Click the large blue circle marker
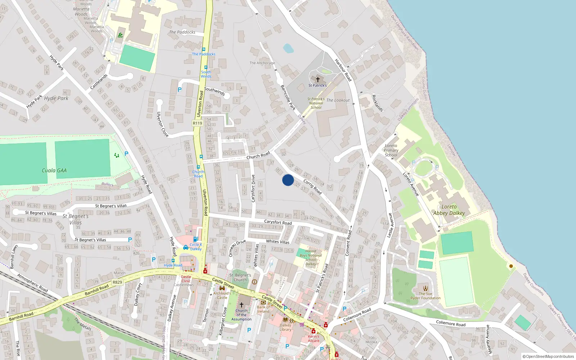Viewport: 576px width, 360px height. coord(288,180)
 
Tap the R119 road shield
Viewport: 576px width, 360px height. coord(197,123)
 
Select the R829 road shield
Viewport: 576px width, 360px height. coord(117,282)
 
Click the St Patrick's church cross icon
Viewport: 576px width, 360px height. coord(318,79)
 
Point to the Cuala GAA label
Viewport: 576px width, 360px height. coord(54,171)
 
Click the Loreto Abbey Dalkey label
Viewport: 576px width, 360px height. coord(449,210)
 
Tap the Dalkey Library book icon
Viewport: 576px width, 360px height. coord(285,319)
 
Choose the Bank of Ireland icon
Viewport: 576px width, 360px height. coord(264,302)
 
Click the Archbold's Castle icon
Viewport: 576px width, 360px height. coord(222,288)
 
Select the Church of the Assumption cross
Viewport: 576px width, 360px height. coord(242,305)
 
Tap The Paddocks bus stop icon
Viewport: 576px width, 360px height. coord(203,49)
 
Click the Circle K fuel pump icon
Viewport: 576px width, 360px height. coord(195,239)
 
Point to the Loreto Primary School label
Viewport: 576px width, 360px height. coord(391,150)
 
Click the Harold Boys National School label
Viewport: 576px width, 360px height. coord(311,257)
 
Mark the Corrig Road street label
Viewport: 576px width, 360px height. coord(312,187)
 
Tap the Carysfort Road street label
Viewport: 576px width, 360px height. coord(278,222)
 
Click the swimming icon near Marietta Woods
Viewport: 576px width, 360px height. coord(120,35)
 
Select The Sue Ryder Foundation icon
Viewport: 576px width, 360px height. coord(426,288)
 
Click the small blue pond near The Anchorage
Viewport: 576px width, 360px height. coord(288,48)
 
